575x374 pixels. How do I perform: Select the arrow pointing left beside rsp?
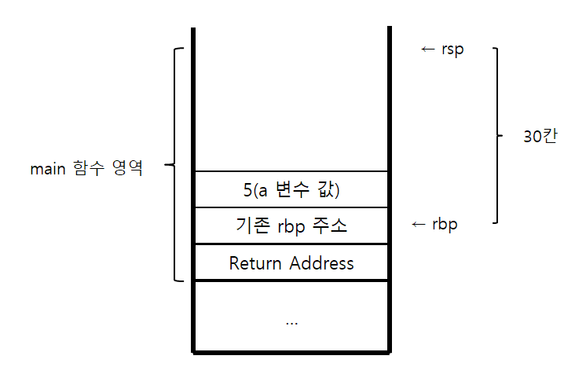click(427, 50)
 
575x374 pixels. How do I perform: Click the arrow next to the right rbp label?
click(419, 225)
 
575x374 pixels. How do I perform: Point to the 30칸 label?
click(539, 135)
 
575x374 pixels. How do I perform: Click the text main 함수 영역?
click(86, 167)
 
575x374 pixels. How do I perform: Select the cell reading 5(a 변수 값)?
click(291, 189)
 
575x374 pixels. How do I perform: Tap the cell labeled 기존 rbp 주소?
click(291, 225)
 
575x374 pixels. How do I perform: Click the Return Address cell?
click(291, 262)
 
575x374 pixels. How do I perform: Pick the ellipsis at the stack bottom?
click(291, 321)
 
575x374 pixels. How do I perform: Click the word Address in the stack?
click(320, 262)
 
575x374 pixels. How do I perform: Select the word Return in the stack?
click(256, 262)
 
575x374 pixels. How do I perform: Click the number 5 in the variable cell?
click(247, 189)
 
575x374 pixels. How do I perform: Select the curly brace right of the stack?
click(496, 135)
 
